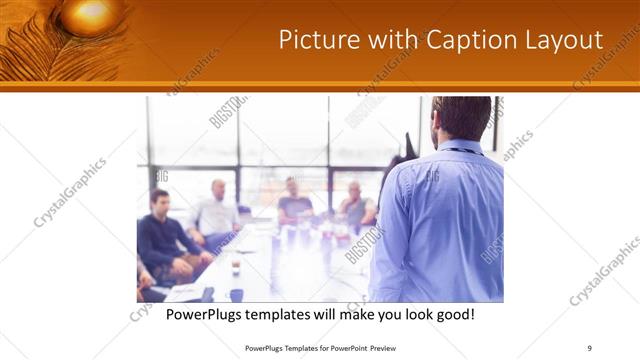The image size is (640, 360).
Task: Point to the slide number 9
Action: (x=589, y=348)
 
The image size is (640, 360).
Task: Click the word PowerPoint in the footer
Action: (x=340, y=348)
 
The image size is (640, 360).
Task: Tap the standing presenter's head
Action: (x=463, y=118)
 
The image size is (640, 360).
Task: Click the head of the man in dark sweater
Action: (x=159, y=199)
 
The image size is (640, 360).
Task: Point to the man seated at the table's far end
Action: (x=295, y=200)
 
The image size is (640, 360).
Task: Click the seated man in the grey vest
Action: (x=355, y=204)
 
